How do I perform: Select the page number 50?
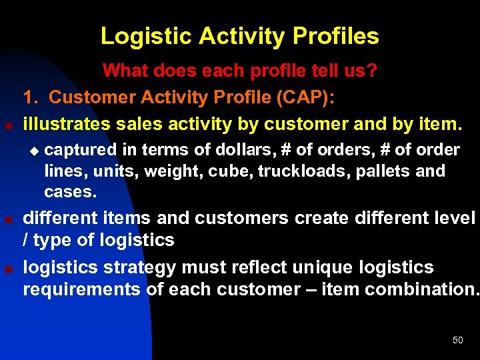tap(457, 341)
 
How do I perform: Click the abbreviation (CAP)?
tap(303, 97)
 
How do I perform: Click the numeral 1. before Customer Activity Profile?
tap(32, 97)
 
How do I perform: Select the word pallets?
tap(384, 171)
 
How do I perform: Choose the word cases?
tap(70, 193)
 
